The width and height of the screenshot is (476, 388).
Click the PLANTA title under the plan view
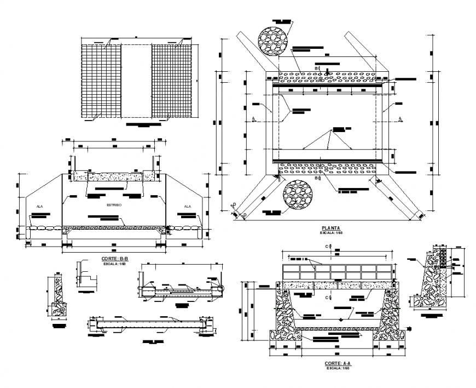[x=332, y=227]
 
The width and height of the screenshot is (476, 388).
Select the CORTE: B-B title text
[x=114, y=258]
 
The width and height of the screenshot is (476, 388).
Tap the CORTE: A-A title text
[x=337, y=363]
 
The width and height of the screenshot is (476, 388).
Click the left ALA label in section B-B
[x=40, y=207]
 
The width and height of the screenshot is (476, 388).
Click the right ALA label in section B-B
[x=188, y=207]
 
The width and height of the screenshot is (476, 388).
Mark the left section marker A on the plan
[x=254, y=119]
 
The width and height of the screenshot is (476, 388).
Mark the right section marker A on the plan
[x=400, y=119]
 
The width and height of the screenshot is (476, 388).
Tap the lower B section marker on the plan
[x=318, y=178]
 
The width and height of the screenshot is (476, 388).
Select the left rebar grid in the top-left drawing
[x=101, y=81]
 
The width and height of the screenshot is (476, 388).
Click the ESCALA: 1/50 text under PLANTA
[x=332, y=233]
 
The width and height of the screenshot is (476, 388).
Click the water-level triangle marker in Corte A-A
[x=341, y=318]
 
